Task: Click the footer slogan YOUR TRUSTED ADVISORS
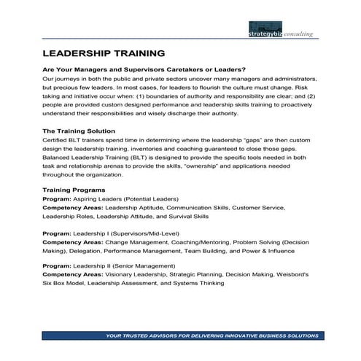tap(211, 336)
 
